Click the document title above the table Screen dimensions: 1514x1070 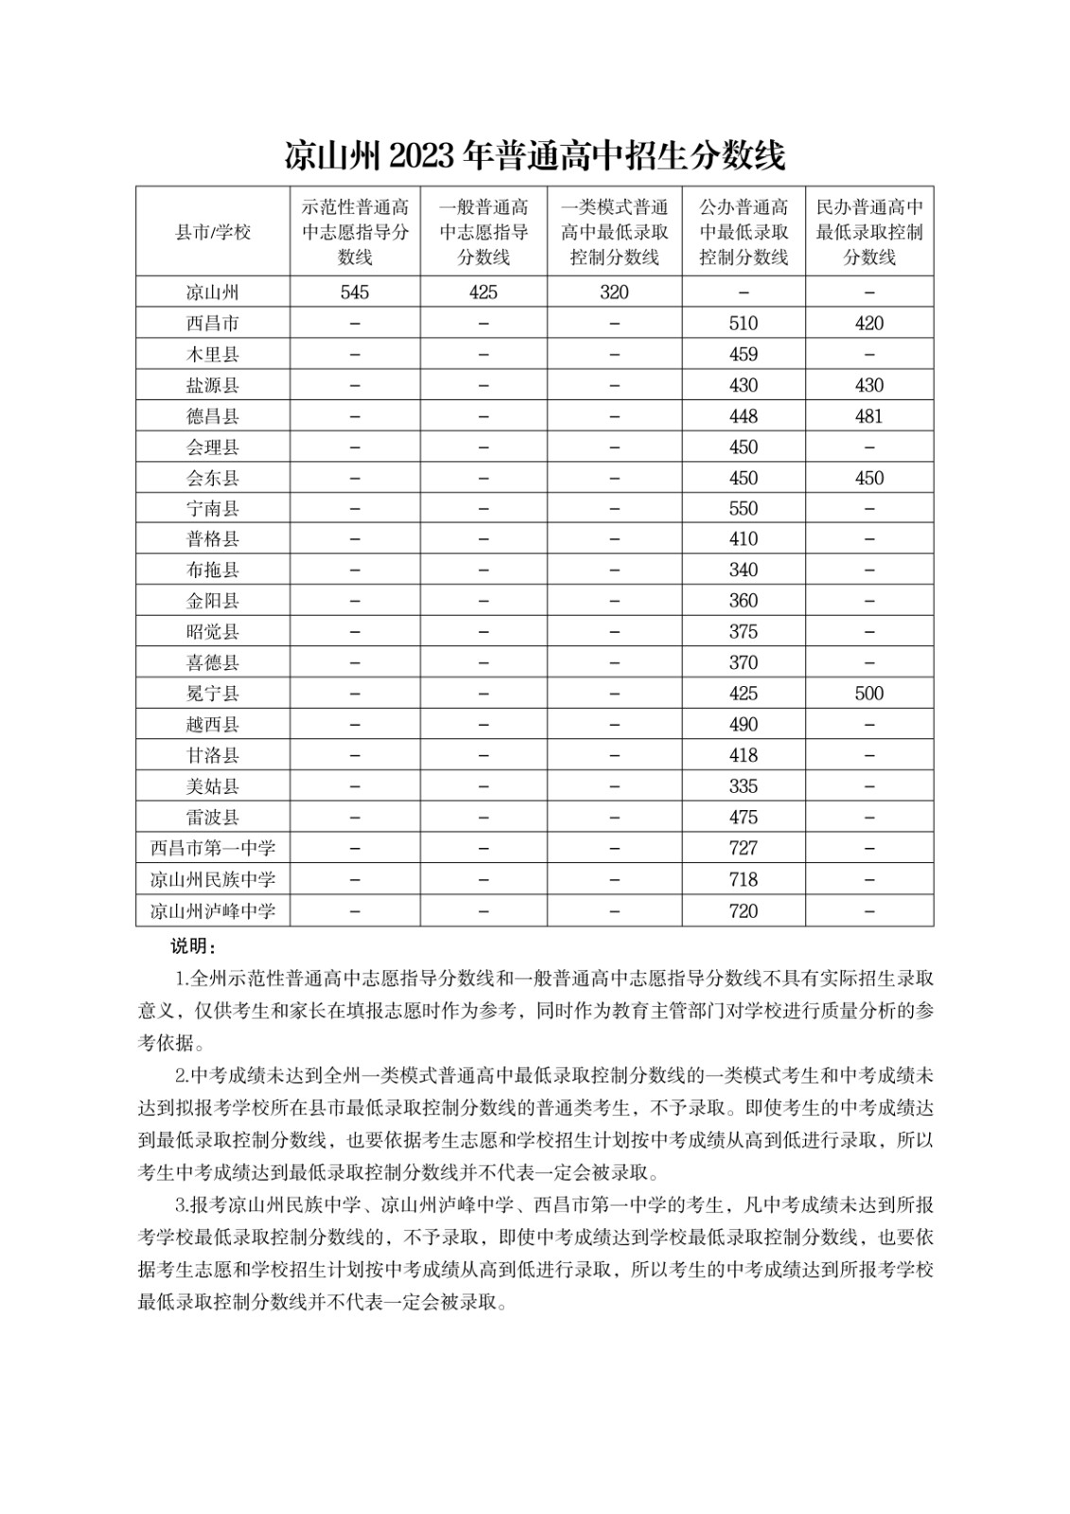pyautogui.click(x=535, y=155)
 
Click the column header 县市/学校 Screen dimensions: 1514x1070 pyautogui.click(x=213, y=232)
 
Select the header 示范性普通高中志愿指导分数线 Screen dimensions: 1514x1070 pyautogui.click(x=355, y=232)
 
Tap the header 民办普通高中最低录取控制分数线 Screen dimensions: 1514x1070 pyautogui.click(x=869, y=232)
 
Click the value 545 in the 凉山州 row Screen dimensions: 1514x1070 pyautogui.click(x=355, y=292)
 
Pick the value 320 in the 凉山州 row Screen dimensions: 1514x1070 pyautogui.click(x=614, y=292)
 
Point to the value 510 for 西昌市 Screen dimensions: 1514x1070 pyautogui.click(x=744, y=324)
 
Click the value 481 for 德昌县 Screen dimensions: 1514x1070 pyautogui.click(x=869, y=416)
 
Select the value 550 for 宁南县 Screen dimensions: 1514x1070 pyautogui.click(x=744, y=509)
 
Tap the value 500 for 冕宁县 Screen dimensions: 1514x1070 pyautogui.click(x=869, y=694)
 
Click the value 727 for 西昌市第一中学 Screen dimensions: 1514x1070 pyautogui.click(x=744, y=849)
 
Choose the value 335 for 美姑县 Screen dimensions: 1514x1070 pyautogui.click(x=744, y=786)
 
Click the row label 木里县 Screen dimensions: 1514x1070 pyautogui.click(x=213, y=355)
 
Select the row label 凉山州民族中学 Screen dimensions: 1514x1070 pyautogui.click(x=213, y=880)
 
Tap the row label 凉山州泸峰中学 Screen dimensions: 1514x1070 pyautogui.click(x=213, y=911)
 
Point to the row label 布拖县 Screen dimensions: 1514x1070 pyautogui.click(x=213, y=571)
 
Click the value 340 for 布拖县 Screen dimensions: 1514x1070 pyautogui.click(x=744, y=571)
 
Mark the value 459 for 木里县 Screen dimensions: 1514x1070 pyautogui.click(x=744, y=355)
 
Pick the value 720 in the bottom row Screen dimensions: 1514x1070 pyautogui.click(x=744, y=911)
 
